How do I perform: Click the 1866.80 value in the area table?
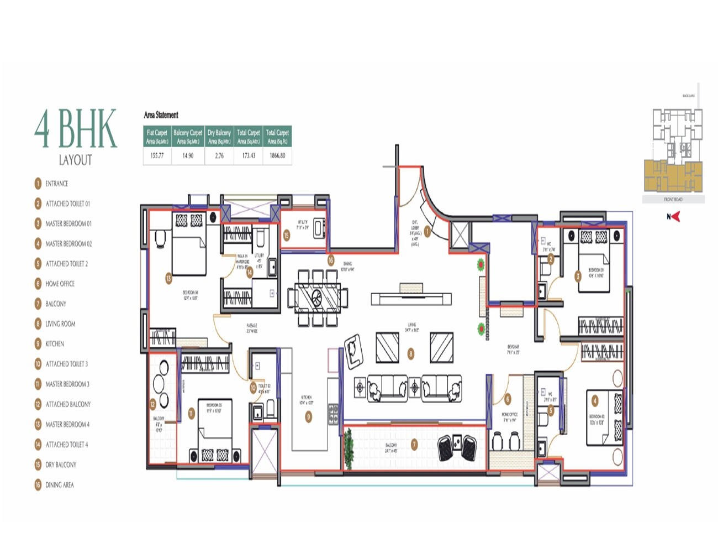pos(277,156)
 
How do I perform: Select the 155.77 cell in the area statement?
pos(157,156)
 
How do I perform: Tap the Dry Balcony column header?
pos(219,137)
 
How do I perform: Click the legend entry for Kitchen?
pos(55,344)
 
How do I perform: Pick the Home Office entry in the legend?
pos(60,284)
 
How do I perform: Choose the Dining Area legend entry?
pos(59,485)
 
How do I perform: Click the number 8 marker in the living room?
pos(410,353)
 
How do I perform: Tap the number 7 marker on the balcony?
pos(414,444)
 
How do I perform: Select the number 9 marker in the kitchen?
pos(309,417)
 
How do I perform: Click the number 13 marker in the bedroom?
pos(168,278)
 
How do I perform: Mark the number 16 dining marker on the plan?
pos(331,260)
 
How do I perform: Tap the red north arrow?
pos(675,217)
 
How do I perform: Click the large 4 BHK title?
pos(76,129)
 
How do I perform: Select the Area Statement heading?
pos(161,115)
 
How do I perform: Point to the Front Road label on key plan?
pos(673,199)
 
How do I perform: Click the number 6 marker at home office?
pos(508,399)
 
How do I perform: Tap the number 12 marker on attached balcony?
pos(153,404)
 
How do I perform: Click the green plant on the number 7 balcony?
pos(349,447)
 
